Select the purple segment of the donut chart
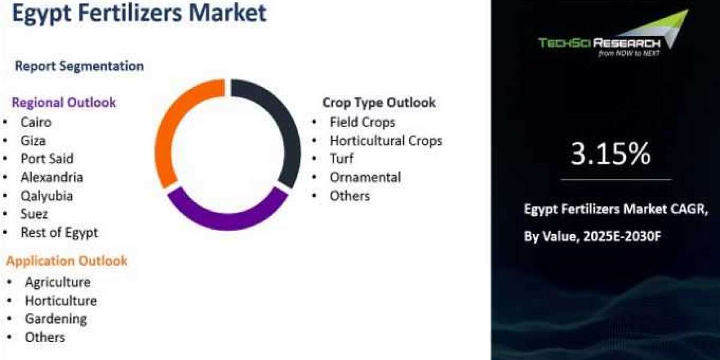[x=227, y=218]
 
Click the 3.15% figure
[x=610, y=154]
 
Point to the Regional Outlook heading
[x=64, y=103]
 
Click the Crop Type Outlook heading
[x=379, y=103]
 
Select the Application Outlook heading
[x=67, y=261]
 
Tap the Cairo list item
[x=36, y=122]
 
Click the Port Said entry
[x=47, y=159]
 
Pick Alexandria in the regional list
[x=52, y=177]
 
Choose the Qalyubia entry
[x=47, y=196]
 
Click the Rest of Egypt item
[x=59, y=233]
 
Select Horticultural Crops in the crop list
[x=386, y=141]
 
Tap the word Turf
[x=341, y=158]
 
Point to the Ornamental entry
[x=365, y=177]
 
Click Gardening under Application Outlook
[x=56, y=319]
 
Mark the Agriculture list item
[x=58, y=282]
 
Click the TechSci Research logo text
[x=599, y=43]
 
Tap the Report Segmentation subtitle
[x=79, y=66]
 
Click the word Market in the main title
[x=227, y=13]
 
